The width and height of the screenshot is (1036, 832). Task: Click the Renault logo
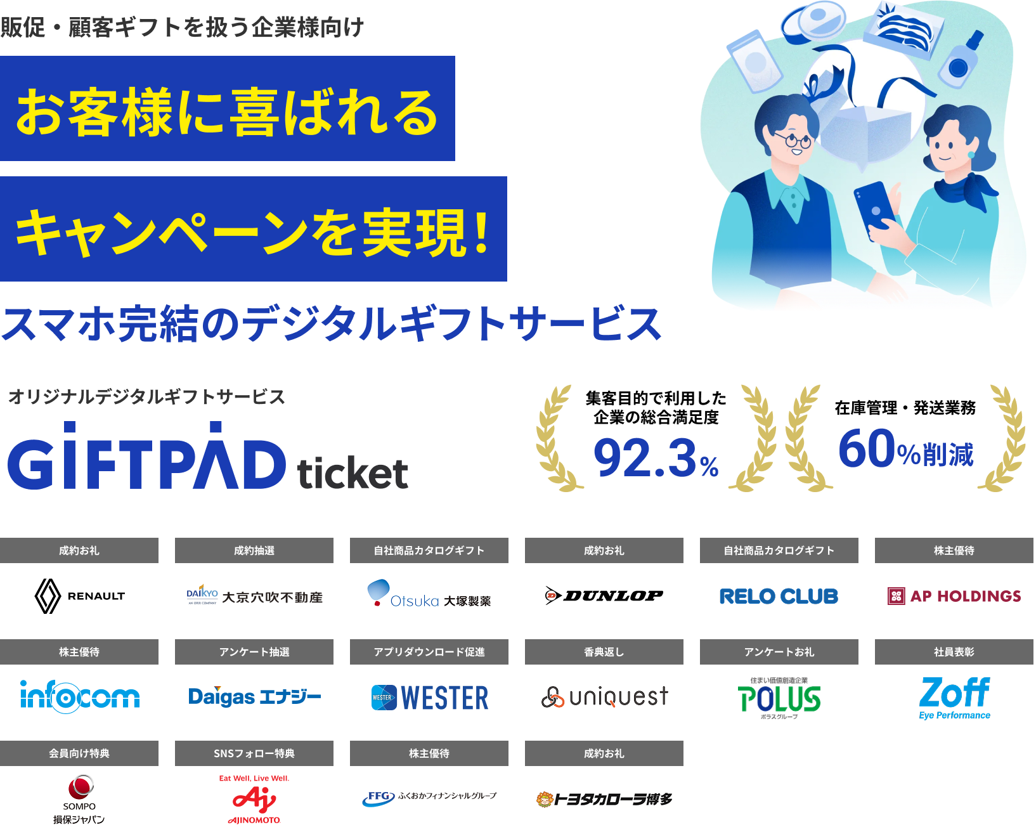coord(79,597)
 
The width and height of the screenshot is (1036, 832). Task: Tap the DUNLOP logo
coord(604,596)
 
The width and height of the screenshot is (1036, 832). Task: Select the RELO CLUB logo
coord(779,597)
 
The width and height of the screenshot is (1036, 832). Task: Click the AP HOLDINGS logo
coord(954,597)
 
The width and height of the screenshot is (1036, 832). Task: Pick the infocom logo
coord(80,697)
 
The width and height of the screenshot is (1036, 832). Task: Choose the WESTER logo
coord(430,698)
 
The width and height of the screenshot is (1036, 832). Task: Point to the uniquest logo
coord(605,697)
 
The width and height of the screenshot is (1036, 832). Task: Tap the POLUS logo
coord(779,699)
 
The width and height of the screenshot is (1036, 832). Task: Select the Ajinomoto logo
coord(254,799)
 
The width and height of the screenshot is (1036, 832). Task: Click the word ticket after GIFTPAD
coord(353,473)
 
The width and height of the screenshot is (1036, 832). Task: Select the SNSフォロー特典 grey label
coord(254,753)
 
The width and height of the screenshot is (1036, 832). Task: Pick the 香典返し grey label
coord(604,652)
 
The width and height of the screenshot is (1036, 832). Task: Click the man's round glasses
coord(795,140)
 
